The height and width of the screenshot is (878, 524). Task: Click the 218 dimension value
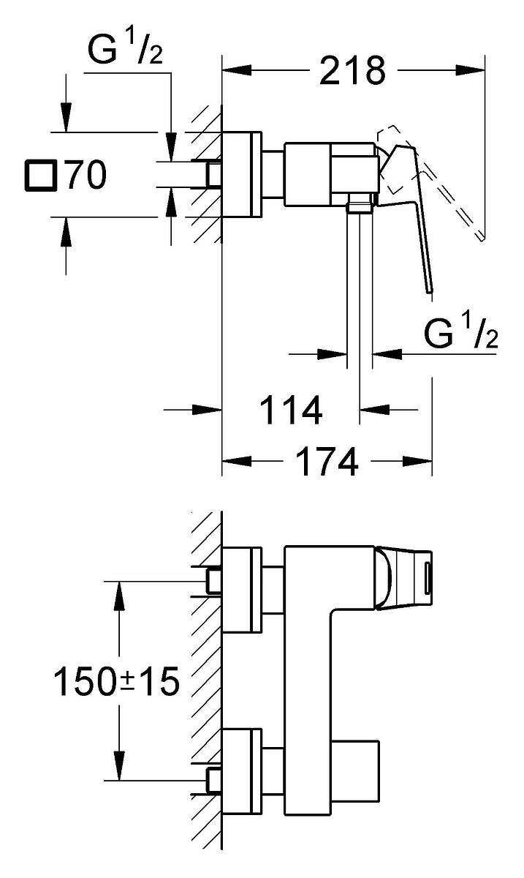coord(352,70)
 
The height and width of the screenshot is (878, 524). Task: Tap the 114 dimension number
coord(291,410)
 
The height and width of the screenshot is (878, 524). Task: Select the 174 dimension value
coord(327,461)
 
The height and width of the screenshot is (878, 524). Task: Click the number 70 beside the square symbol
coord(86,175)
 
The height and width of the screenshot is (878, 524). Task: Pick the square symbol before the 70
coord(41,175)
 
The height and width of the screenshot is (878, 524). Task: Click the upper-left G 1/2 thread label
coord(125,49)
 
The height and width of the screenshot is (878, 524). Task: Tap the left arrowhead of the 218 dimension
coord(237,70)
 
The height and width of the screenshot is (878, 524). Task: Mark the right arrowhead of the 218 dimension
coord(471,70)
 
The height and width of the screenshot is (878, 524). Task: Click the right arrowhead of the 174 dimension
coord(418,462)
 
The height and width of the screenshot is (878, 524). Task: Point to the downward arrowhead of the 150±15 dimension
coord(119,766)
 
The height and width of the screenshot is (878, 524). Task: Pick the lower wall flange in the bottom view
coord(242,772)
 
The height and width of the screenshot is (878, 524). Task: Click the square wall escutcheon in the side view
coord(242,174)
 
